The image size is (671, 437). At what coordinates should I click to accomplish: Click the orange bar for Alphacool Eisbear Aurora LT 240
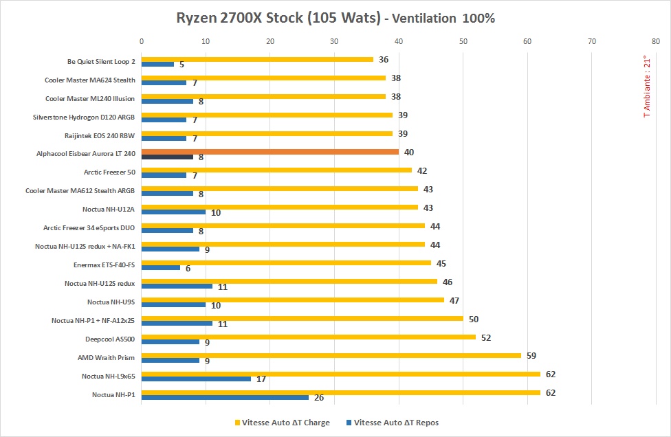point(269,152)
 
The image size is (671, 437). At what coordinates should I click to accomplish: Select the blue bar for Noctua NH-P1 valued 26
point(225,397)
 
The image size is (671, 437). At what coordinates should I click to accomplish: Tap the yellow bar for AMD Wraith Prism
point(331,355)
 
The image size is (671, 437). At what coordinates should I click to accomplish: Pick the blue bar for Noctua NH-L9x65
point(196,379)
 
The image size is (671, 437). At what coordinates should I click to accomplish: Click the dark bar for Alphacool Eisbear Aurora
point(167,157)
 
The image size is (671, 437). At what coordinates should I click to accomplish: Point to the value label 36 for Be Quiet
point(384,60)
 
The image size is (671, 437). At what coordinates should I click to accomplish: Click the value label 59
point(531,356)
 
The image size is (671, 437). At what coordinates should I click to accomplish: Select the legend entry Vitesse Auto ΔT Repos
point(395,423)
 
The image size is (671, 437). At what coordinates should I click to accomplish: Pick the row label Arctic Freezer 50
point(109,172)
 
